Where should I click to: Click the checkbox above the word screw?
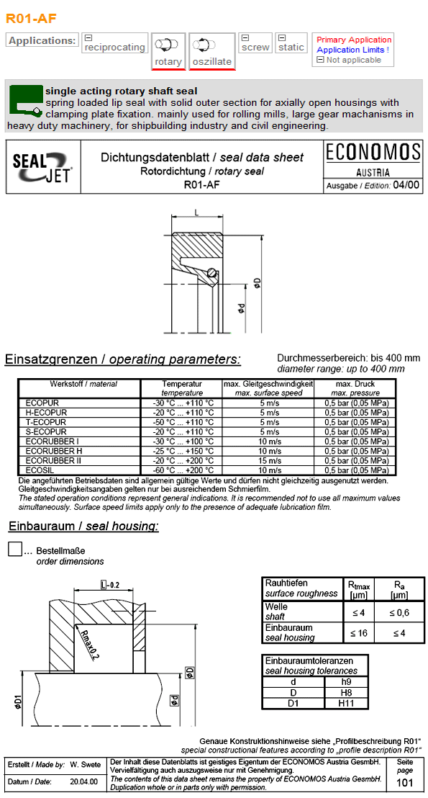(x=245, y=37)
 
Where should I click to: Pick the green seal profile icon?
(x=25, y=99)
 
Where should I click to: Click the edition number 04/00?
(x=406, y=185)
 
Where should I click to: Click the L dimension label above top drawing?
(x=196, y=211)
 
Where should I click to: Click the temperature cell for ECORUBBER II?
(x=182, y=460)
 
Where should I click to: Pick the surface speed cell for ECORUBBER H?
(x=268, y=451)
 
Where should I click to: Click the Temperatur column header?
(x=182, y=384)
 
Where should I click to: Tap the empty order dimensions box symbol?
(x=15, y=549)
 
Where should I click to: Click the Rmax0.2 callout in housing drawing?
(x=91, y=642)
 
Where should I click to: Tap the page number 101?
(x=405, y=783)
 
